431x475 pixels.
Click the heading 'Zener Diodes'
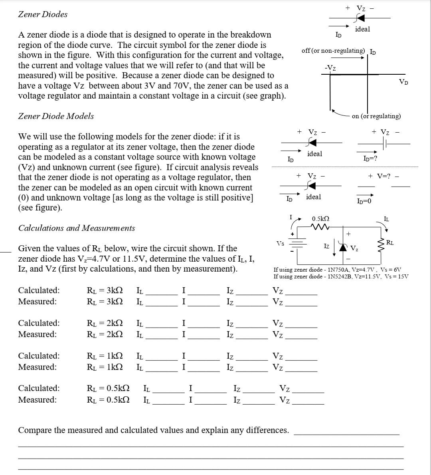[43, 14]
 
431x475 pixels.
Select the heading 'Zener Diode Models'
[56, 116]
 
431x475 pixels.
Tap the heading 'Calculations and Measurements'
[77, 228]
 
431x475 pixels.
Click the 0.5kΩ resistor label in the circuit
[320, 219]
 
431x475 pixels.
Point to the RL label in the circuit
[389, 242]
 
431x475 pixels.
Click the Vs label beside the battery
[281, 243]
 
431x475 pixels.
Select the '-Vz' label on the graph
[330, 68]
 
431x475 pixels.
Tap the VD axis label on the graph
[403, 82]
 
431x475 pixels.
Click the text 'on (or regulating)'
[376, 116]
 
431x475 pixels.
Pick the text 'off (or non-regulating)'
[333, 51]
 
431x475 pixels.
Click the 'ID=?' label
[370, 159]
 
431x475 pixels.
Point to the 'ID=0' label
[364, 201]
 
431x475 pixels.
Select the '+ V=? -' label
[383, 176]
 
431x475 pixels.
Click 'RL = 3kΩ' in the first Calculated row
[105, 290]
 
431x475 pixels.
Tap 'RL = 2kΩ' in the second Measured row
[105, 334]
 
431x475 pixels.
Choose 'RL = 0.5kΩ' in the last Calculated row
[108, 388]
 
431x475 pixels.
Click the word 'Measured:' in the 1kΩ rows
[38, 367]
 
